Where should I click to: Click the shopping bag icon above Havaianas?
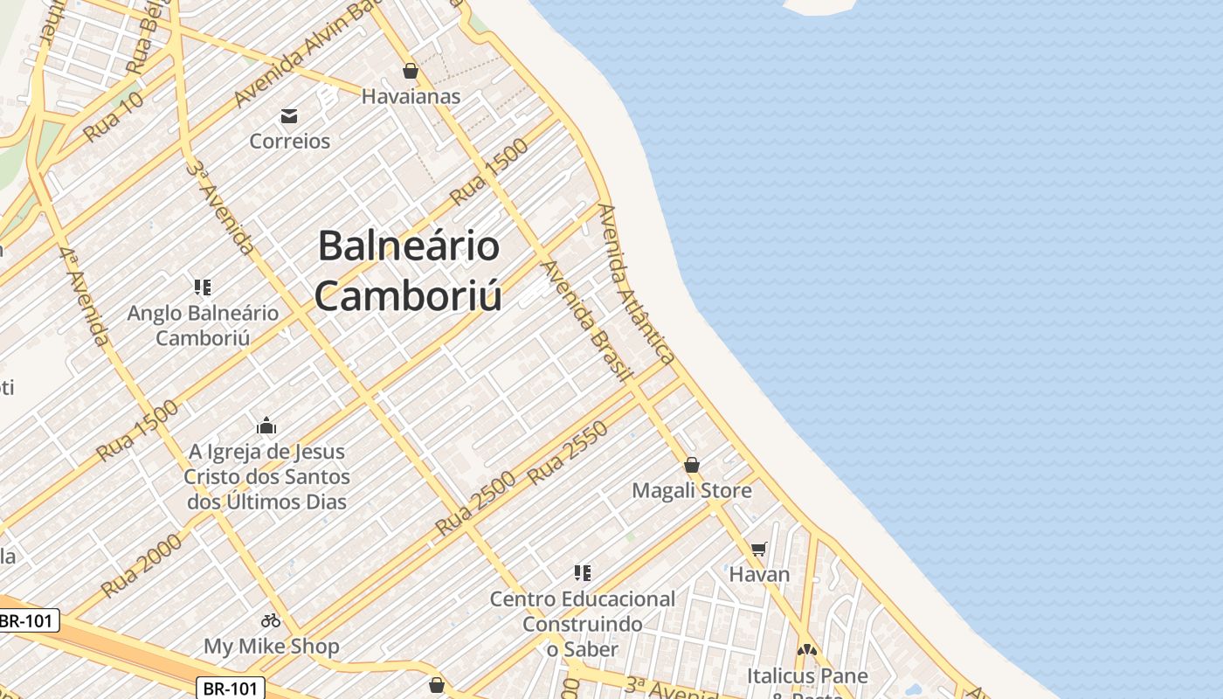(411, 71)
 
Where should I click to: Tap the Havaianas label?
(411, 96)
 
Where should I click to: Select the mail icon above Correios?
(289, 116)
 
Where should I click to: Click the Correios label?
(290, 141)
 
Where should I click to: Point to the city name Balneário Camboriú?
(408, 271)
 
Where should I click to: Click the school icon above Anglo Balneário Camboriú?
(203, 287)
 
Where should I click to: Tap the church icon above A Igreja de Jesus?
(266, 426)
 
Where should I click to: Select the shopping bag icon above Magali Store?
(692, 465)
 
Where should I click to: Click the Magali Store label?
(692, 490)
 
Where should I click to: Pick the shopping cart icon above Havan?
(759, 549)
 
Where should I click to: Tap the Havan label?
(759, 574)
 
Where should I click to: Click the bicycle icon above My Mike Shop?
(271, 620)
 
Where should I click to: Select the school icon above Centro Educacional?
(583, 573)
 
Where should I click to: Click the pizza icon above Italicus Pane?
(807, 651)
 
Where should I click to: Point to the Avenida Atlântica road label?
(637, 284)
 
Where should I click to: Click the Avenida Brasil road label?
(586, 321)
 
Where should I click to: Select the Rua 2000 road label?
(142, 565)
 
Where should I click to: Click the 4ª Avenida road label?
(85, 295)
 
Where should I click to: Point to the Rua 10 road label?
(114, 117)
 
